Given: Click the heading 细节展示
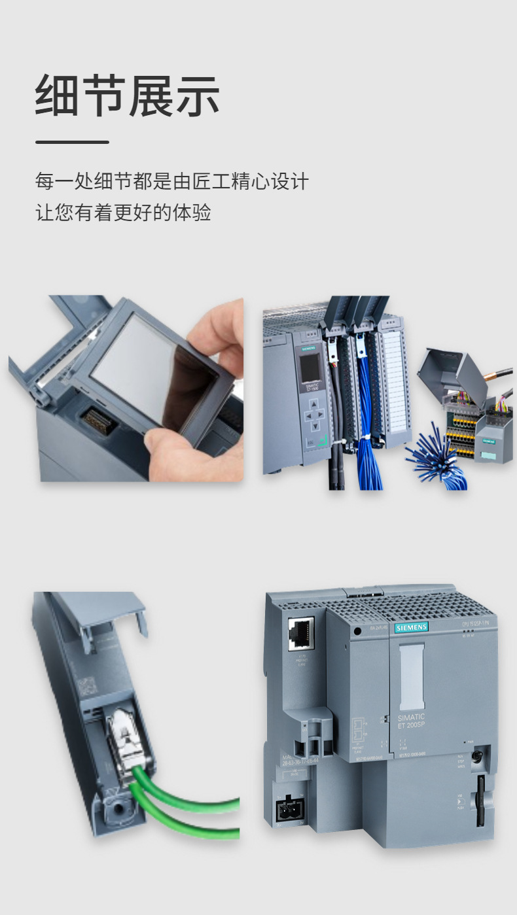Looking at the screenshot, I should click(128, 96).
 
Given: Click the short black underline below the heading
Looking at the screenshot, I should click(72, 142).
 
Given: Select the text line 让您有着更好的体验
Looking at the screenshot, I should click(123, 213).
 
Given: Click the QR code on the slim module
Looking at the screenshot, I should click(86, 687).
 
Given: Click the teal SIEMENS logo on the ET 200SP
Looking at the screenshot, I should click(411, 627).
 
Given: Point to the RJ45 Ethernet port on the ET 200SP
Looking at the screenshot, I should click(300, 633).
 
